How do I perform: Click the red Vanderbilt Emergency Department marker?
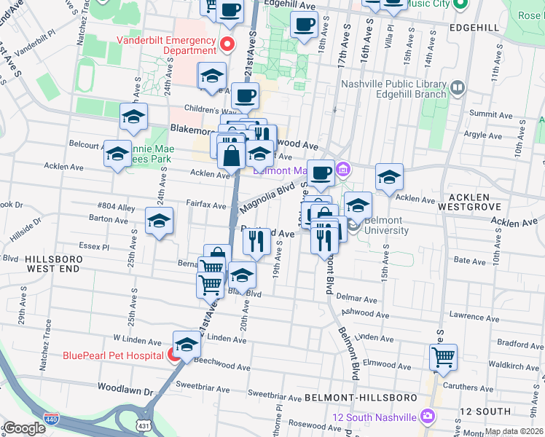[227, 44]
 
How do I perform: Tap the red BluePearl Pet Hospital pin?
[175, 355]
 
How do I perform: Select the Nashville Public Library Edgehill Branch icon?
[458, 89]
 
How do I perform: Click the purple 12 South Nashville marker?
[427, 416]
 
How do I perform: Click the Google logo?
[24, 428]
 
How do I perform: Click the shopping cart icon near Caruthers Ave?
[443, 357]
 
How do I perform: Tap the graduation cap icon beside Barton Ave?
[159, 221]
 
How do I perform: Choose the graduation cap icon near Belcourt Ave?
[117, 154]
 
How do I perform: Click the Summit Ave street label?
[488, 114]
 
